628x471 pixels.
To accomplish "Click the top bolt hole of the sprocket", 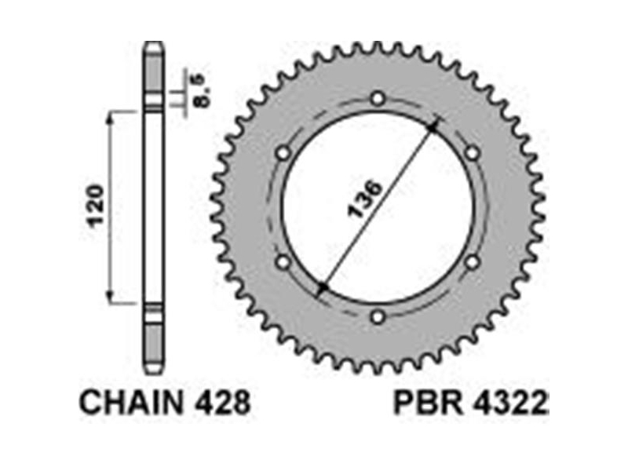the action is click(378, 99).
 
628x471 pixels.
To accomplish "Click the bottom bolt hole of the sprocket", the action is click(378, 317).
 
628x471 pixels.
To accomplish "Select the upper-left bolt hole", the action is click(283, 153).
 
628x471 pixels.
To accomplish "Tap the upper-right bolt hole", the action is click(473, 153).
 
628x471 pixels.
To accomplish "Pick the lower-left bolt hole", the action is click(283, 263).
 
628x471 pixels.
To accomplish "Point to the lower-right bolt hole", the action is click(473, 263).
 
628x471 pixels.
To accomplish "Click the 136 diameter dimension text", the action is click(365, 199).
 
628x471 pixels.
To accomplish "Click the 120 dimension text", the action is click(97, 206).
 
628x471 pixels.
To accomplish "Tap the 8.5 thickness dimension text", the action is click(201, 90).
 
